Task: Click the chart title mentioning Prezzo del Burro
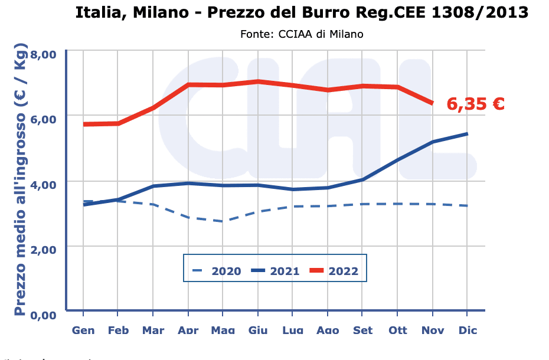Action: click(x=302, y=12)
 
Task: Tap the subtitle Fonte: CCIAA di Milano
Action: click(x=302, y=34)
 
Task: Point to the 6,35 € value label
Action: click(x=475, y=104)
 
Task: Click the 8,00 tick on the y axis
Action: click(x=43, y=55)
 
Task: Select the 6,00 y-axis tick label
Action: click(x=43, y=119)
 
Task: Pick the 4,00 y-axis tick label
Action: click(x=43, y=185)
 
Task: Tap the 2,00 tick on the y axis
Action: click(x=43, y=250)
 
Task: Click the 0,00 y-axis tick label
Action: click(x=43, y=315)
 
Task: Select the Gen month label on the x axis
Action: click(x=83, y=330)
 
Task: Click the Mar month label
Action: click(x=153, y=330)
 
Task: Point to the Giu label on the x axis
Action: click(x=258, y=330)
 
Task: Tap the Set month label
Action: click(x=362, y=330)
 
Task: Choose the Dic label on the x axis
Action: click(x=467, y=330)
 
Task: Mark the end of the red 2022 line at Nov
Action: click(x=433, y=103)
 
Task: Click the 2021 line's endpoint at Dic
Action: click(x=467, y=134)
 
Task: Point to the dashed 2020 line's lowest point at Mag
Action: click(x=223, y=221)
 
